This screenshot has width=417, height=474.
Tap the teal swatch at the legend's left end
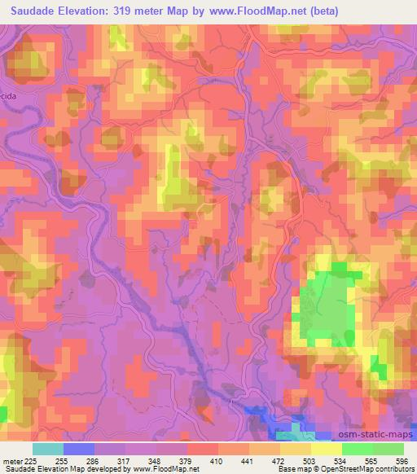point(48,449)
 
